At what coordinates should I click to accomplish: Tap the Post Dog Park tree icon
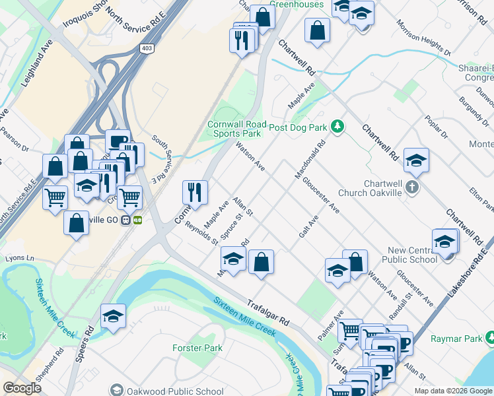[x=337, y=125]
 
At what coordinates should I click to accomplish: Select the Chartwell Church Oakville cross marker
[x=413, y=187]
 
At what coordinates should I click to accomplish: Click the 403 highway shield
[x=147, y=48]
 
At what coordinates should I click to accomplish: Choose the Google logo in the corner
[x=22, y=388]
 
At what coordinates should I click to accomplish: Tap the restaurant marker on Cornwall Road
[x=195, y=192]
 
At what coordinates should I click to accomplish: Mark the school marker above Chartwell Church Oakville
[x=416, y=160]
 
